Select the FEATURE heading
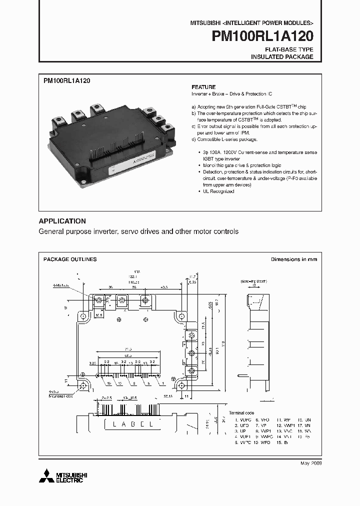(x=203, y=87)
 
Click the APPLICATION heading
(x=62, y=221)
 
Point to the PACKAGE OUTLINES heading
(x=70, y=259)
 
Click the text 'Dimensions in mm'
(x=293, y=259)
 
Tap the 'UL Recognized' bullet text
(x=215, y=191)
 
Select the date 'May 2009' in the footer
(x=310, y=463)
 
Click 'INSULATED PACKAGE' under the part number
(x=282, y=57)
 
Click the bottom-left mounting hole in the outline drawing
(x=84, y=386)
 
